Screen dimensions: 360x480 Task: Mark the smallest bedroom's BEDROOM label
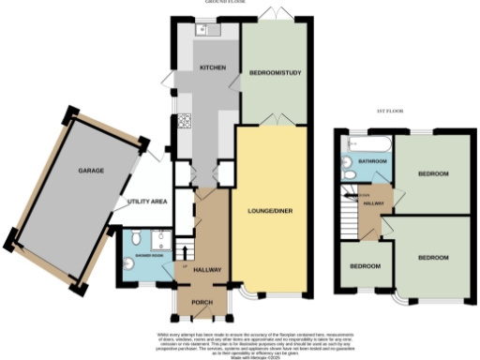point(364,266)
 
